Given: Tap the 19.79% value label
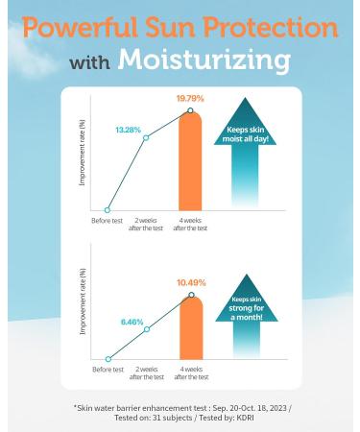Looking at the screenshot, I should tap(191, 97).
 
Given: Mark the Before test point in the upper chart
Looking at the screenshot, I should tap(108, 209).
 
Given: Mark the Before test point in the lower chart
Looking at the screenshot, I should tap(108, 361).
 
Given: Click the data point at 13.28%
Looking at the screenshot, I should tap(147, 137).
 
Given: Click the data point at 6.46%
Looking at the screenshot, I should tap(147, 329).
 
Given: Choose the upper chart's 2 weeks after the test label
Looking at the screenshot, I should tap(147, 224).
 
